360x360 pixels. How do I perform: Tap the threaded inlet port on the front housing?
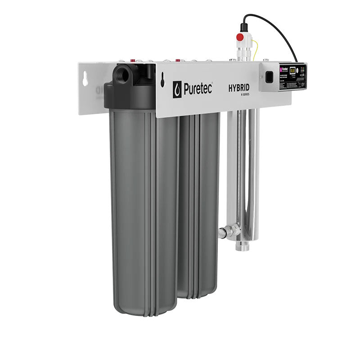[x=122, y=74]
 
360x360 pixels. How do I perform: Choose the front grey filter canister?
[x=143, y=211]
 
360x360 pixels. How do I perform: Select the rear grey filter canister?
[x=198, y=202]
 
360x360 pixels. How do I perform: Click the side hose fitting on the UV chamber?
[x=224, y=233]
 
